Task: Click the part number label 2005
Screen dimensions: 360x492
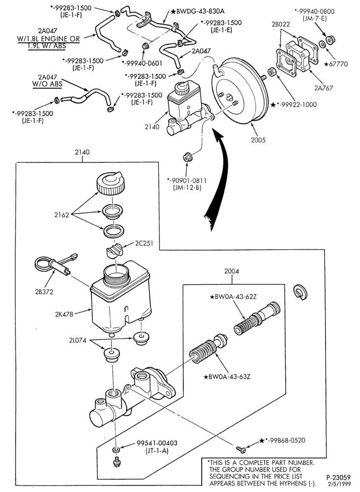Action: [x=258, y=140]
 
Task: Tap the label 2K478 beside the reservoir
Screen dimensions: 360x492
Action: [x=64, y=314]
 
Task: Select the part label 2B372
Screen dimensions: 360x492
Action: [x=44, y=292]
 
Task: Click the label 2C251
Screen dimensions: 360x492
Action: [x=144, y=243]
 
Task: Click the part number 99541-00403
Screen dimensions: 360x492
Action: [x=157, y=443]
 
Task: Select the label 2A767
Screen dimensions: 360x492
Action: [x=324, y=88]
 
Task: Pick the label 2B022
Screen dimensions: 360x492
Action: [x=281, y=25]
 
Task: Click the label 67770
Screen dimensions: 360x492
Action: [x=336, y=64]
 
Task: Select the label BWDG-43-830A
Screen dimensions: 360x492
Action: [x=198, y=11]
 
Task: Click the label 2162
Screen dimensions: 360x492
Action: [x=61, y=215]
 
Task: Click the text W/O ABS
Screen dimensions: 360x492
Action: [x=47, y=84]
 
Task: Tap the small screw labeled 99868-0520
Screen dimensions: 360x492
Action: [x=241, y=450]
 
